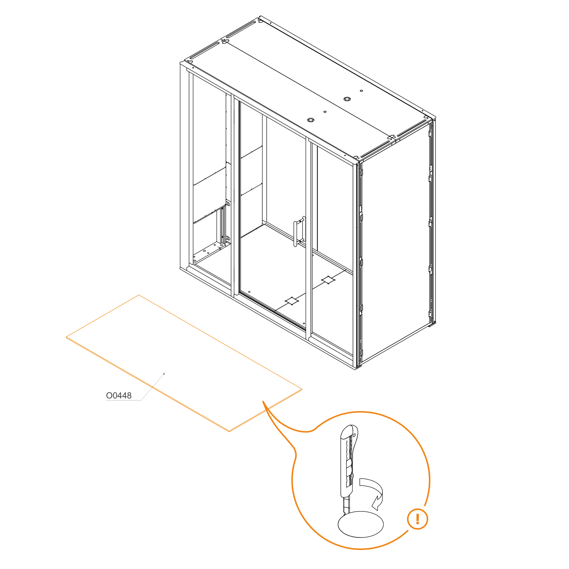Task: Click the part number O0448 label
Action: pos(119,395)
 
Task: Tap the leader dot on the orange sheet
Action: pos(164,374)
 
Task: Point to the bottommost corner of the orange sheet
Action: pos(229,432)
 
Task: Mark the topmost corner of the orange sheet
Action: pos(139,295)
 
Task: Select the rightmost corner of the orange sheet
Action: pos(302,389)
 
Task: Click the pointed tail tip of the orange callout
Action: pos(263,401)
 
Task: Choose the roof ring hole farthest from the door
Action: pos(347,99)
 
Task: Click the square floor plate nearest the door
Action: pos(292,301)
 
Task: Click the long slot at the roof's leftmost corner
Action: pos(204,50)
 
